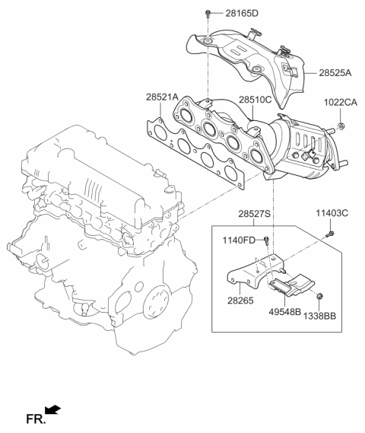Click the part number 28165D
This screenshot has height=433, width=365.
pos(242,13)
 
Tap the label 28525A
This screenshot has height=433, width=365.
pos(335,73)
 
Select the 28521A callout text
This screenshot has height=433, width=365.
pos(162,97)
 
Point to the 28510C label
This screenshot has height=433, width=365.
pos(255,100)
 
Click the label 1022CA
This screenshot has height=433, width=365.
pos(340,103)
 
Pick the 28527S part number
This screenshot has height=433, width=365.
pos(255,214)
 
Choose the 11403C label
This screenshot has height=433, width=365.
pos(332,213)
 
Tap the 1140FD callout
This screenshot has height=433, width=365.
pos(239,240)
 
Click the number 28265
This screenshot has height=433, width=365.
pos(240,301)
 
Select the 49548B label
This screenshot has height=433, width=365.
pos(284,312)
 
